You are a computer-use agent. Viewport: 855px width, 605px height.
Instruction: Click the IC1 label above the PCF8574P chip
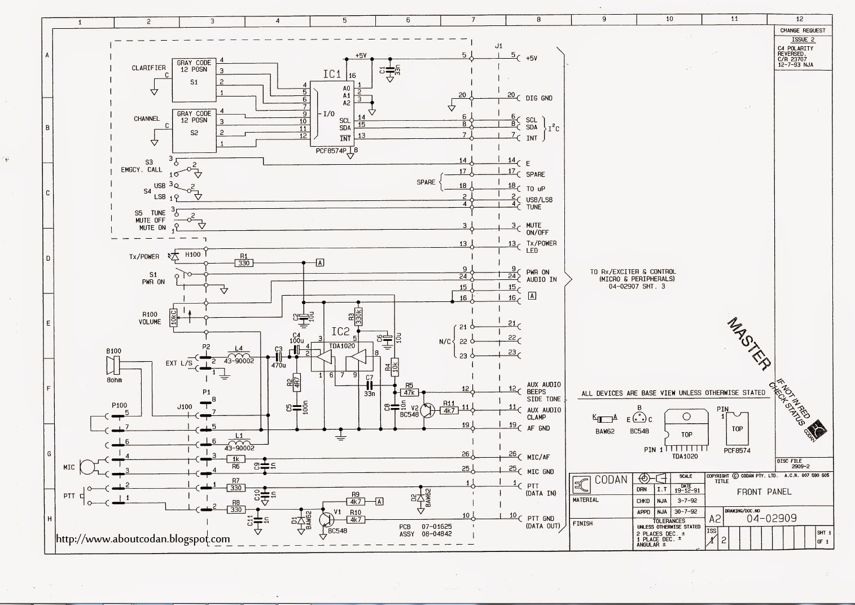(331, 74)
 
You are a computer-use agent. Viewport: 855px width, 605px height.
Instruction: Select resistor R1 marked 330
(243, 263)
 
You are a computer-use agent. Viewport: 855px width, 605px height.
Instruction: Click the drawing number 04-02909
(771, 518)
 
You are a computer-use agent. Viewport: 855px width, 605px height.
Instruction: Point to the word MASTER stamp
(749, 344)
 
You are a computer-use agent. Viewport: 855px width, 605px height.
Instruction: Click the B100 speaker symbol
(112, 367)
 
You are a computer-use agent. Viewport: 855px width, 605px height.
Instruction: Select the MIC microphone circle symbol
(86, 467)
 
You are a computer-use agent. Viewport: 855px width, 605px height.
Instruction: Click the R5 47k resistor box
(409, 392)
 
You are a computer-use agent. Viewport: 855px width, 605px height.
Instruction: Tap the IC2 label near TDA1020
(340, 331)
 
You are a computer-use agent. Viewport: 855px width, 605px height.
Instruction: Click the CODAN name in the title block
(611, 480)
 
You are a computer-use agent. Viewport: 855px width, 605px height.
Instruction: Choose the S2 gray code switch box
(194, 130)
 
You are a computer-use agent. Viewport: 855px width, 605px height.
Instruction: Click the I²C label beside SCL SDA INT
(554, 128)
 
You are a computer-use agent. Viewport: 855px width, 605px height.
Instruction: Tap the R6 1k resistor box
(236, 459)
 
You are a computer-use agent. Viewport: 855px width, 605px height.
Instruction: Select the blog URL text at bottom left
(143, 539)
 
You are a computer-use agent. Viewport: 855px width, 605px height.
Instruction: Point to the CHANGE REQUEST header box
(803, 30)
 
